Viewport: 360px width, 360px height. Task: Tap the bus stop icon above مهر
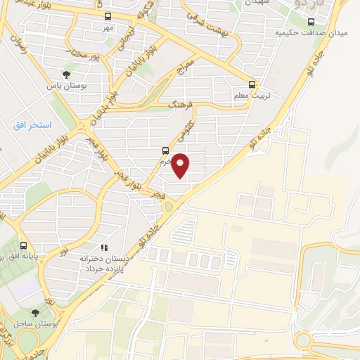pyautogui.click(x=107, y=16)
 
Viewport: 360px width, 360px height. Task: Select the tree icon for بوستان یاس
pyautogui.click(x=66, y=73)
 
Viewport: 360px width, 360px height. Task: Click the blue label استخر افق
pyautogui.click(x=32, y=124)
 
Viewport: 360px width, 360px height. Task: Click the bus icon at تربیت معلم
pyautogui.click(x=254, y=81)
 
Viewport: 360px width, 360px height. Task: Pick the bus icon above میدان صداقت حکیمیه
pyautogui.click(x=330, y=20)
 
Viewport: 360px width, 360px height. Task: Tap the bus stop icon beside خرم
pyautogui.click(x=165, y=150)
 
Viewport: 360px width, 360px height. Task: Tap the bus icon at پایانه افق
pyautogui.click(x=25, y=246)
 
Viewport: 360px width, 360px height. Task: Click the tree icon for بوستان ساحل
pyautogui.click(x=36, y=312)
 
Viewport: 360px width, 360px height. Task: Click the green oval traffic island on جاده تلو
pyautogui.click(x=168, y=206)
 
